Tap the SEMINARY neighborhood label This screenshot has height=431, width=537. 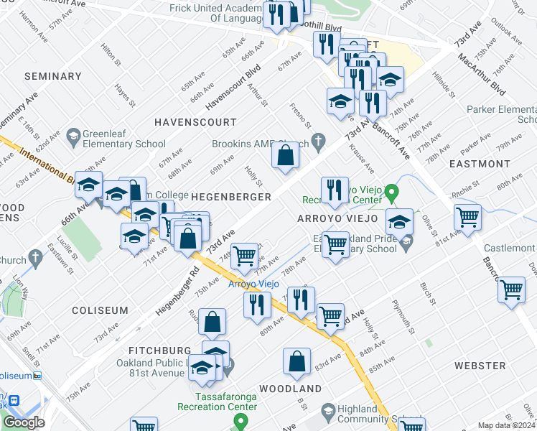pyautogui.click(x=52, y=76)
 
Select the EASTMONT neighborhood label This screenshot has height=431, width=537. pyautogui.click(x=479, y=164)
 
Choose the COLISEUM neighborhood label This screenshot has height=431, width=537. pyautogui.click(x=100, y=310)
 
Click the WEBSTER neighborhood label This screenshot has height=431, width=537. pyautogui.click(x=480, y=366)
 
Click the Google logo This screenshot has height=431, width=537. pyautogui.click(x=24, y=422)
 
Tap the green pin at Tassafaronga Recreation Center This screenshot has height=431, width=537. pyautogui.click(x=241, y=420)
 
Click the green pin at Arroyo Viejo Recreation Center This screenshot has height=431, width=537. pyautogui.click(x=391, y=193)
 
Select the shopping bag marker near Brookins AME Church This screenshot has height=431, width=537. pyautogui.click(x=285, y=155)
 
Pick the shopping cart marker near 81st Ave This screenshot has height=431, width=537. pyautogui.click(x=467, y=217)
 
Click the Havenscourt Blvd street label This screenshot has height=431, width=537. pyautogui.click(x=233, y=89)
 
